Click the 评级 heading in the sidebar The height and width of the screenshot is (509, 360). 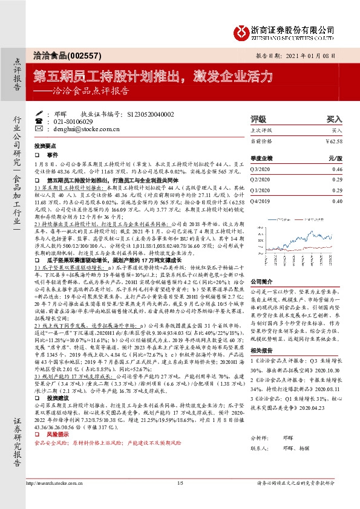258,119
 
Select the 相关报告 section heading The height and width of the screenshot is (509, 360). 262,351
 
